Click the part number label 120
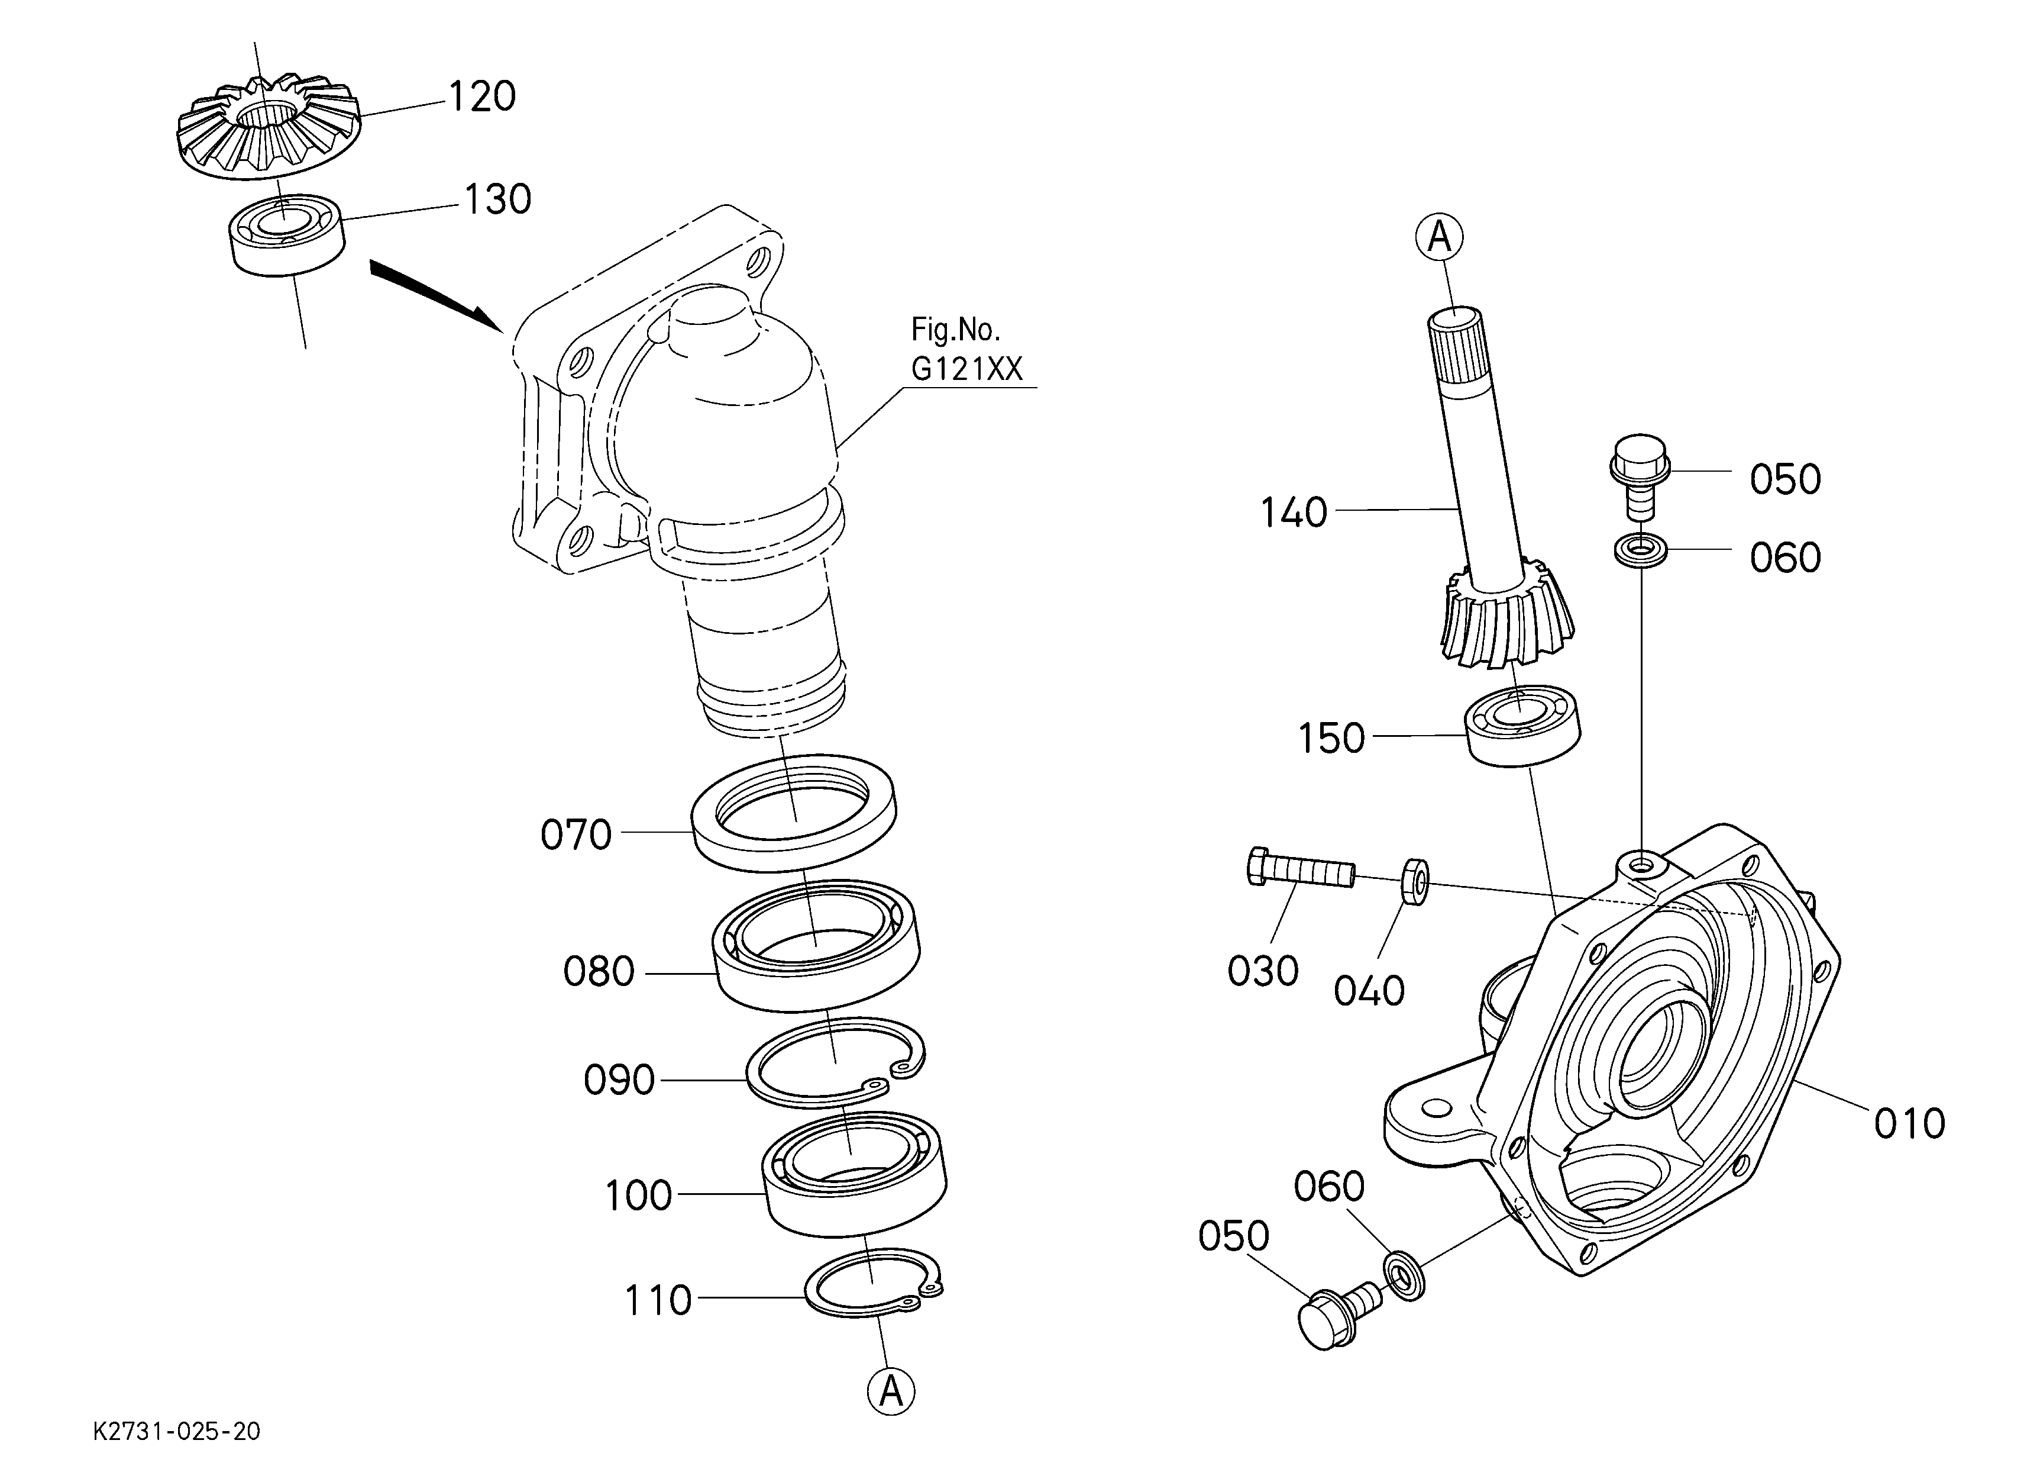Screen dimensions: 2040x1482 coord(482,97)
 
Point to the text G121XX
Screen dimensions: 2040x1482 coord(967,369)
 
